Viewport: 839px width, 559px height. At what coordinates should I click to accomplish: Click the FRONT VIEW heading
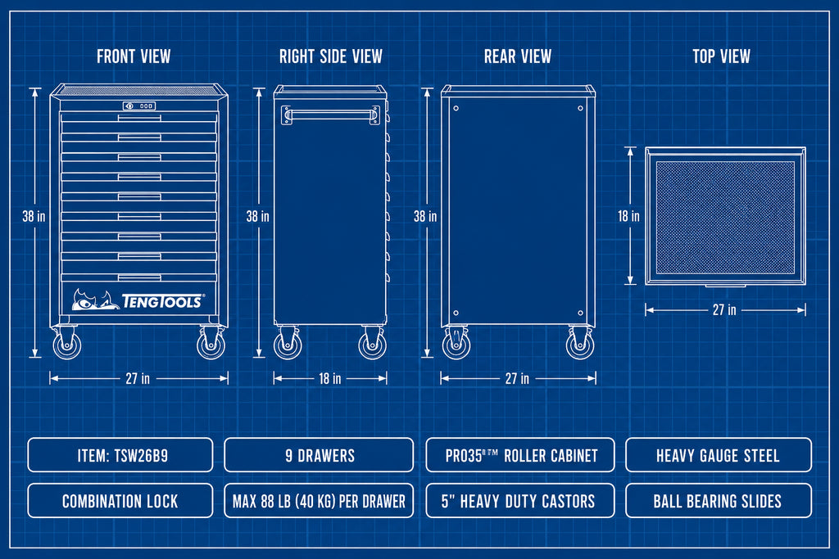pyautogui.click(x=134, y=56)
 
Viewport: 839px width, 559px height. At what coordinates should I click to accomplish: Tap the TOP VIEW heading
pyautogui.click(x=721, y=56)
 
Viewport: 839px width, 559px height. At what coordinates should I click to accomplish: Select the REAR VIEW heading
pyautogui.click(x=518, y=56)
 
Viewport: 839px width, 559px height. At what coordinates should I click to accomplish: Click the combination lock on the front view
pyautogui.click(x=139, y=106)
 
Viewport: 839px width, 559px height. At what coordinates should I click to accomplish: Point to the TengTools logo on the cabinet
pyautogui.click(x=138, y=300)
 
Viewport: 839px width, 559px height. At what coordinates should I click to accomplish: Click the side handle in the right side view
pyautogui.click(x=331, y=115)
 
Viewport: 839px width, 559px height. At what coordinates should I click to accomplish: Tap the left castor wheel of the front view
pyautogui.click(x=67, y=344)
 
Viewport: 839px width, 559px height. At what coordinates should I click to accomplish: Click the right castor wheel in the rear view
pyautogui.click(x=581, y=344)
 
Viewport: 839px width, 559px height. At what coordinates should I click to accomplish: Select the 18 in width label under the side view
pyautogui.click(x=329, y=378)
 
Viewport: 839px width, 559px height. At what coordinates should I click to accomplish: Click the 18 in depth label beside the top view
pyautogui.click(x=628, y=216)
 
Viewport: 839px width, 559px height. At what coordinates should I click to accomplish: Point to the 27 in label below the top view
pyautogui.click(x=724, y=310)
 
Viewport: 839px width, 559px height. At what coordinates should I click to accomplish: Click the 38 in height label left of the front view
pyautogui.click(x=34, y=216)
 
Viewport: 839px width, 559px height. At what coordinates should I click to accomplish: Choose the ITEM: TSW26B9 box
pyautogui.click(x=120, y=455)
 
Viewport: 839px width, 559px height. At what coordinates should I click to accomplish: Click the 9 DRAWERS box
pyautogui.click(x=319, y=455)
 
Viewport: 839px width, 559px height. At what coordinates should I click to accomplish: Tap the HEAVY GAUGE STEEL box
pyautogui.click(x=718, y=455)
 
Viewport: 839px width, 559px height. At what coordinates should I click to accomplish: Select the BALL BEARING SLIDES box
pyautogui.click(x=718, y=501)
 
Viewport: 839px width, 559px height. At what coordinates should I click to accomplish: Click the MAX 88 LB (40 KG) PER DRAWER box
pyautogui.click(x=319, y=501)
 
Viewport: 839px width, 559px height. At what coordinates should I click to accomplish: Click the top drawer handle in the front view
pyautogui.click(x=139, y=118)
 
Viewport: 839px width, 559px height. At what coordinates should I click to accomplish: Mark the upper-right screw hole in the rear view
pyautogui.click(x=581, y=109)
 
